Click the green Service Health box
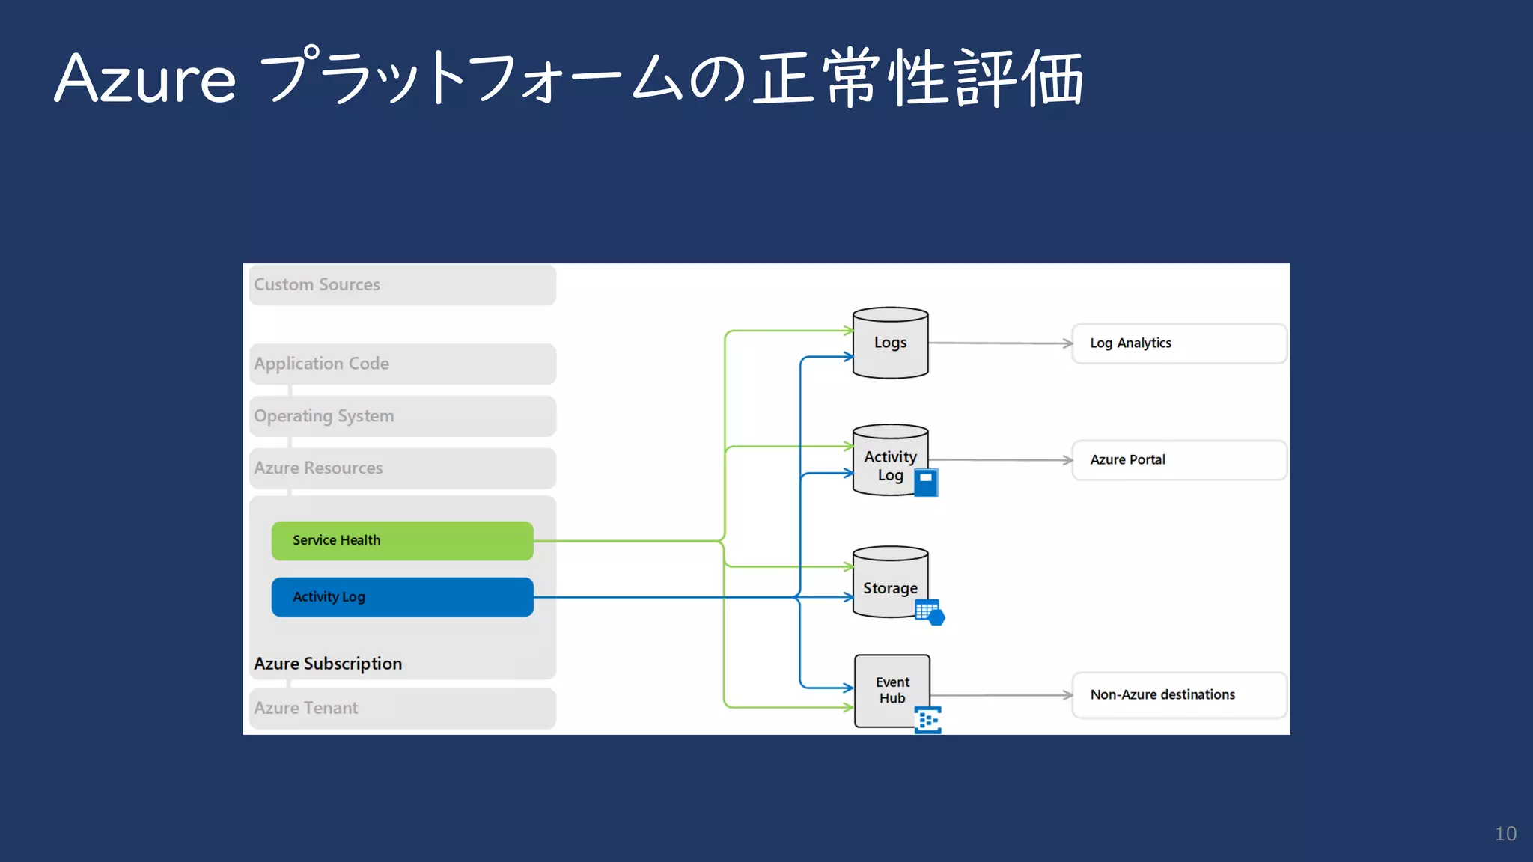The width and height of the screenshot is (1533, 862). point(402,540)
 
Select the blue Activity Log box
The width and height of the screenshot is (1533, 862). point(402,597)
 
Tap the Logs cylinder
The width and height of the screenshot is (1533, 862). point(890,343)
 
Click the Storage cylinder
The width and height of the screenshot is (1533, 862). point(890,584)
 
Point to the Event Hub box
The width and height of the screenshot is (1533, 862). point(892,690)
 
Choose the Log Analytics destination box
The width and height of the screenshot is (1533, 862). point(1179,343)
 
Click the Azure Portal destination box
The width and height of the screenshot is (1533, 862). point(1179,460)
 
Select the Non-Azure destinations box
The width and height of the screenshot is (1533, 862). point(1179,695)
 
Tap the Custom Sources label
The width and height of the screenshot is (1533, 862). point(317,285)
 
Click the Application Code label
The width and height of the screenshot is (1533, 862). point(321,364)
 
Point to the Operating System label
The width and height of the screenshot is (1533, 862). point(323,416)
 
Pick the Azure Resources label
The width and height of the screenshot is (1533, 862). point(318,468)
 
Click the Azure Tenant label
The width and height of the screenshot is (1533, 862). point(305,708)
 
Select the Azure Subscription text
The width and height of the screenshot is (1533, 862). point(328,664)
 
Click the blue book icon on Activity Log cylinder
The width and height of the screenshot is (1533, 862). point(926,483)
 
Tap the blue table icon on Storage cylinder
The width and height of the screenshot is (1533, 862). point(930,612)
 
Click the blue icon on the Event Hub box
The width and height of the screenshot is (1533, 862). point(928,720)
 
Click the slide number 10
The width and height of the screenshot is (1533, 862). point(1505,834)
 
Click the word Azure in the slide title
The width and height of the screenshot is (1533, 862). point(145,79)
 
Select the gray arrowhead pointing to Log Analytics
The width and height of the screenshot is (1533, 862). point(1068,343)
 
